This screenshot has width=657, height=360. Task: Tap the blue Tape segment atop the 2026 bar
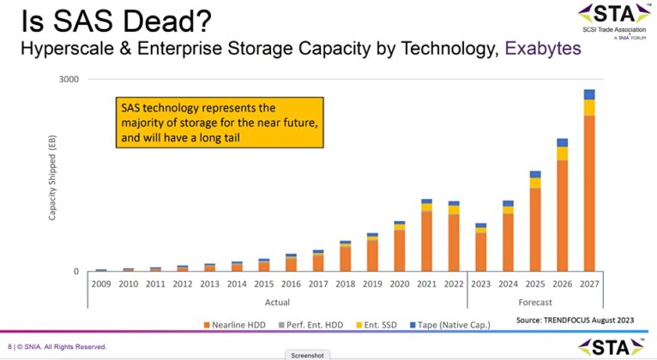[563, 143]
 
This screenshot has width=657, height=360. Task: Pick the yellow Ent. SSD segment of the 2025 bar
[535, 183]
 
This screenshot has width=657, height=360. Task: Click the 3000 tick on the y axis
[69, 80]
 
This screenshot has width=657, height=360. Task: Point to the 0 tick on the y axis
[75, 272]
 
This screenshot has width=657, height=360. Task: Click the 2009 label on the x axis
[101, 283]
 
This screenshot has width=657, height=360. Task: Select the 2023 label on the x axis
[481, 283]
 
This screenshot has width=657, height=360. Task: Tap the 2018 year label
[345, 283]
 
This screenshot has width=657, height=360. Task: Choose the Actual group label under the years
[276, 302]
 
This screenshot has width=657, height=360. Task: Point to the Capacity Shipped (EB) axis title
[52, 177]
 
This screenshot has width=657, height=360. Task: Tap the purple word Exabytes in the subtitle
[542, 49]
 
